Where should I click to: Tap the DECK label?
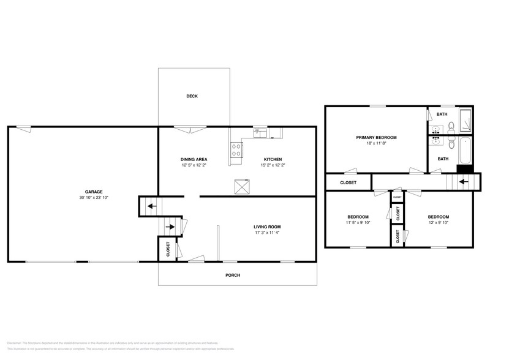point(192,96)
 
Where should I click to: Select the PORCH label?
point(233,276)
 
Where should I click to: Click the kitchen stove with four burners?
point(236,149)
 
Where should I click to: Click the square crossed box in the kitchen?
point(241,187)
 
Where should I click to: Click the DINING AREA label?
point(194,159)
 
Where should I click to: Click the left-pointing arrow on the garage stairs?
point(150,206)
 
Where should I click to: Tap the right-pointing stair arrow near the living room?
point(170,227)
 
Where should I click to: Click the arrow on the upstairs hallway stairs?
point(464,182)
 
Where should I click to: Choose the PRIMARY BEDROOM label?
point(376,138)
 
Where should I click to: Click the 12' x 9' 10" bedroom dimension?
point(438,223)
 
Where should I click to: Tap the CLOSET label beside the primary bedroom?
point(348,182)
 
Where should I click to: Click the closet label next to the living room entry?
point(168,249)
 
